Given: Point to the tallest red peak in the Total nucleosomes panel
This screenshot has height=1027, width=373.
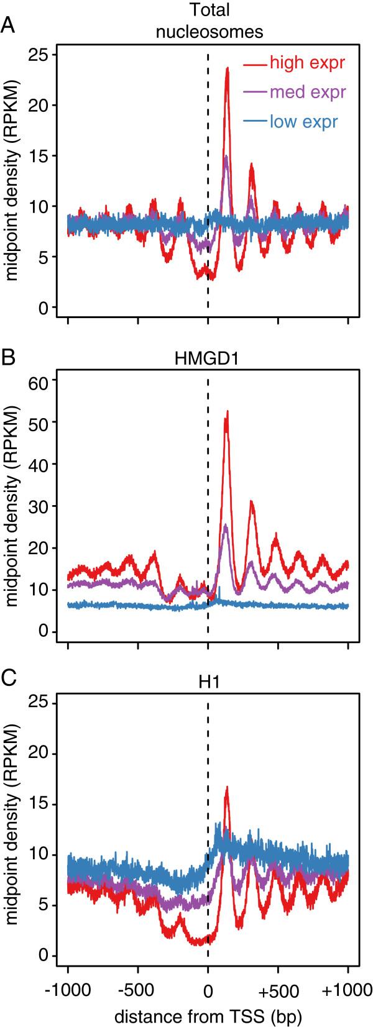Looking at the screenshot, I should click(228, 68).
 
